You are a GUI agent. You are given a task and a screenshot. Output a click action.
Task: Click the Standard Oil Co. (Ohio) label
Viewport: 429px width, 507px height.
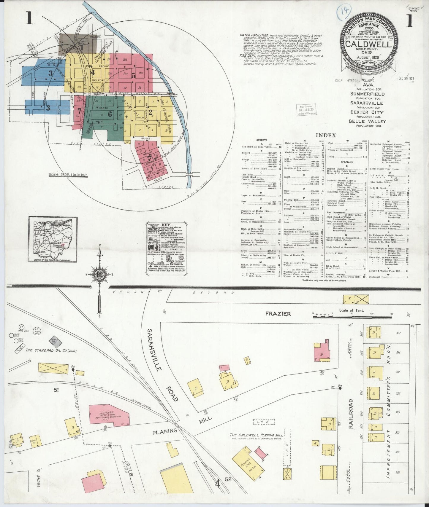click(51, 351)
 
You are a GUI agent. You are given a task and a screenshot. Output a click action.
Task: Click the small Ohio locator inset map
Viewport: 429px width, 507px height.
click(53, 240)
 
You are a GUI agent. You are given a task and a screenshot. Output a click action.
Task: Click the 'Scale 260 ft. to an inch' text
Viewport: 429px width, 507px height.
click(68, 175)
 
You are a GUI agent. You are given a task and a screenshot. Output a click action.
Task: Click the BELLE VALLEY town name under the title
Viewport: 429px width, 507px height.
click(368, 121)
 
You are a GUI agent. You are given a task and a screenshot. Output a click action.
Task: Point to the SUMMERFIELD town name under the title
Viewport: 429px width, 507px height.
click(367, 94)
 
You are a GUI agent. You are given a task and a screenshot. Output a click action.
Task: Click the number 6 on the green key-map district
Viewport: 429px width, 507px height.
click(110, 115)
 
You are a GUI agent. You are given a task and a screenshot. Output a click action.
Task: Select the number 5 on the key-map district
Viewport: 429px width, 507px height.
click(134, 75)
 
